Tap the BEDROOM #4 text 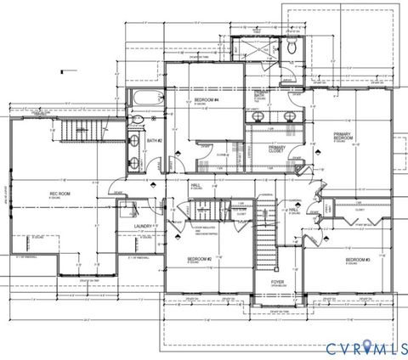[207, 100]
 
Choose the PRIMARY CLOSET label [277, 149]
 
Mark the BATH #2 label [154, 140]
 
